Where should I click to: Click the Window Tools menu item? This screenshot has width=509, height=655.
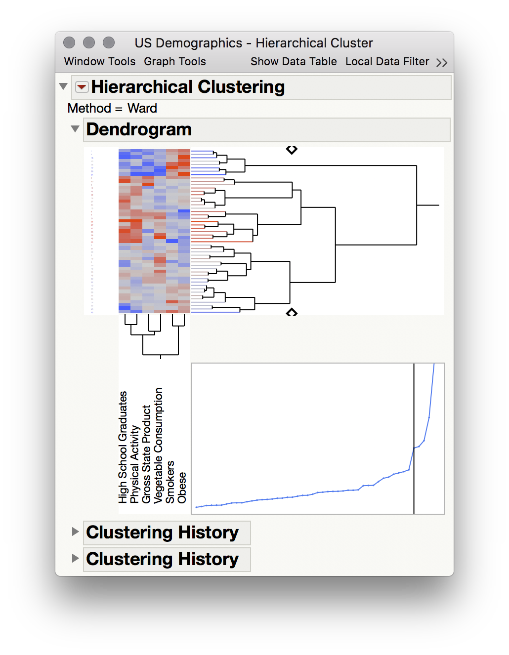tap(99, 62)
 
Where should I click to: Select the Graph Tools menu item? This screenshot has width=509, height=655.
tap(175, 62)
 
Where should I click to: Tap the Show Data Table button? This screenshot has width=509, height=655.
tap(294, 62)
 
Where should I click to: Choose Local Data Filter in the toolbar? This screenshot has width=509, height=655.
tap(387, 62)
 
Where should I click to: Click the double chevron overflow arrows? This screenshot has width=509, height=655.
tap(442, 63)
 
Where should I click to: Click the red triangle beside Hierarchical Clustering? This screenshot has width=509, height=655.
tap(82, 87)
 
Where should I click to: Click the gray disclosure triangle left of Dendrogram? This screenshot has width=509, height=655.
tap(75, 129)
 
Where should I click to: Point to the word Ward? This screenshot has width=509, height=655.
tap(142, 108)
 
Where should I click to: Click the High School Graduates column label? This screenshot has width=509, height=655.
tap(123, 447)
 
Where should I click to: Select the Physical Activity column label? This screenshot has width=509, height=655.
tap(135, 464)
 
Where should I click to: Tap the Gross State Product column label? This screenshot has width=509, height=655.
tap(147, 454)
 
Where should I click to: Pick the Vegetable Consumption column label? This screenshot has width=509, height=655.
tap(159, 446)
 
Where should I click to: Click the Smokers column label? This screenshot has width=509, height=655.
tap(170, 482)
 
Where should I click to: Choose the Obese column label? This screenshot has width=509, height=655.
tap(182, 488)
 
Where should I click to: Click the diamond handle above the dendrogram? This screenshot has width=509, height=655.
tap(292, 150)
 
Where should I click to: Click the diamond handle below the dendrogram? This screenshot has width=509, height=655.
tap(292, 312)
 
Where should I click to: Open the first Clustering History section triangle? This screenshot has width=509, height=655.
tap(75, 532)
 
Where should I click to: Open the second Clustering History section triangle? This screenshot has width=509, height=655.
tap(75, 558)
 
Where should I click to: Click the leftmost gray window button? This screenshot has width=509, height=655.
tap(69, 43)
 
